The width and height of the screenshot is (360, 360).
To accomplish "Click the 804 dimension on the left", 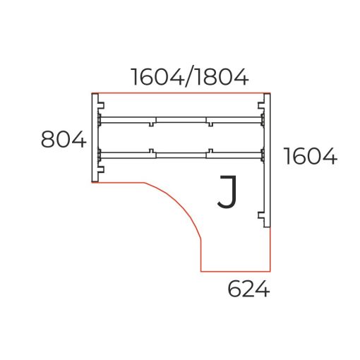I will [63, 139].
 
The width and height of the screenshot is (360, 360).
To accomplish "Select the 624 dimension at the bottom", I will [248, 289].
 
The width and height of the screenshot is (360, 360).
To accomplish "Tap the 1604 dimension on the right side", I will [310, 156].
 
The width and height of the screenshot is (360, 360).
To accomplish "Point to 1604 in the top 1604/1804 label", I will [156, 76].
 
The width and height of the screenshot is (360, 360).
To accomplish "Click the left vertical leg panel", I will [94, 138].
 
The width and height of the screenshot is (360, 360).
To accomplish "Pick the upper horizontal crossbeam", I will [181, 119].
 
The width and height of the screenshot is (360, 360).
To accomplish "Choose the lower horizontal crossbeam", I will [181, 152].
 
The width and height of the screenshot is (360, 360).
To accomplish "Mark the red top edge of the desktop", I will [181, 94].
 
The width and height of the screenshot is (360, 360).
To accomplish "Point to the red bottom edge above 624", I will [235, 271].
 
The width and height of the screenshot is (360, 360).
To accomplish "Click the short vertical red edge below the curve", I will [201, 256].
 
